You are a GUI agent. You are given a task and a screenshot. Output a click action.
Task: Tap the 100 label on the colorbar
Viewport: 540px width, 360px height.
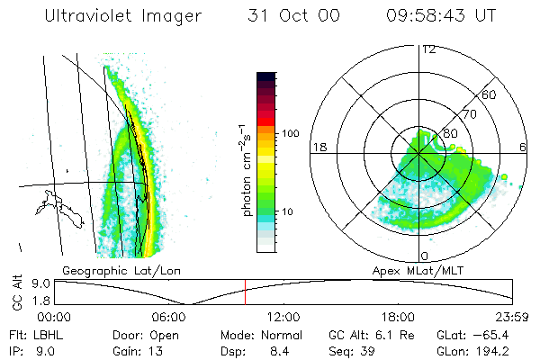pos(290,132)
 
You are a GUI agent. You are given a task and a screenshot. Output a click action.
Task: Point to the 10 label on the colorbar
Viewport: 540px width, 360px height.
pos(287,212)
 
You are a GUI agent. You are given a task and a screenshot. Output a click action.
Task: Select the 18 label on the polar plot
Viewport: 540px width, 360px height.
pos(318,147)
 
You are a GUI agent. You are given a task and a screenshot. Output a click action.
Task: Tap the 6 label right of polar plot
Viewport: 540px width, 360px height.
pos(523,147)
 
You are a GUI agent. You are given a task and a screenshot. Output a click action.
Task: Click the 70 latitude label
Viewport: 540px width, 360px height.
pos(468,114)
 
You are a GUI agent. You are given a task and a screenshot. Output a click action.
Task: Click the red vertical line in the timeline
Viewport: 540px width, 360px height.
pos(245,292)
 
